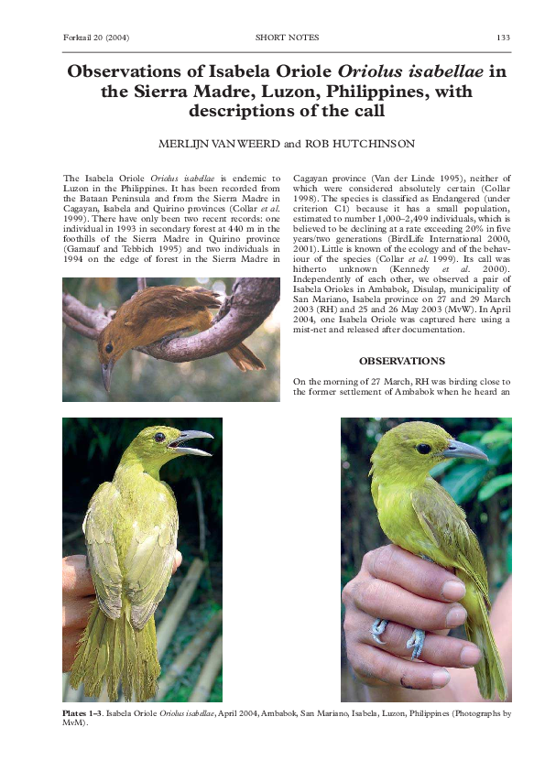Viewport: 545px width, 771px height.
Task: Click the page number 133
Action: tap(502, 38)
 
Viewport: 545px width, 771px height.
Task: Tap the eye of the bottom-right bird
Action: tap(423, 449)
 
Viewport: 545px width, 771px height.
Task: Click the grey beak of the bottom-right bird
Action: tap(463, 450)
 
